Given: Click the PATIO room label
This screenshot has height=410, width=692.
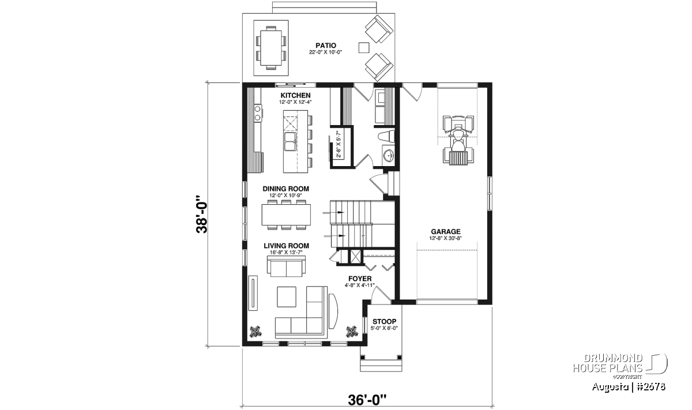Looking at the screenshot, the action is (326, 46).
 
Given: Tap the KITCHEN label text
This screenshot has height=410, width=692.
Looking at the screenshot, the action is (295, 96).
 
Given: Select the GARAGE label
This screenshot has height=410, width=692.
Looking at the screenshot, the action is (445, 231).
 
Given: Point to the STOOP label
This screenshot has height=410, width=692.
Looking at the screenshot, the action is (384, 321).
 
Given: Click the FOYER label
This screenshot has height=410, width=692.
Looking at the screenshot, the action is (360, 279).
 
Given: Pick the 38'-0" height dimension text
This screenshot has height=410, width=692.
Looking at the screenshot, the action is (202, 214).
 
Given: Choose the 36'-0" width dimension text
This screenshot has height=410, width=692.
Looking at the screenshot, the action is (367, 400).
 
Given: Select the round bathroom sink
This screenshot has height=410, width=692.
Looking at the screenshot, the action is (389, 156).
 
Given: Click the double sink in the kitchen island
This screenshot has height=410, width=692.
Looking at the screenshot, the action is (291, 146).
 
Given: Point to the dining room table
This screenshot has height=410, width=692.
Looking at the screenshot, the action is (287, 215).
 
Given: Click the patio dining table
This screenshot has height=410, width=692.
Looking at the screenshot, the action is (271, 47).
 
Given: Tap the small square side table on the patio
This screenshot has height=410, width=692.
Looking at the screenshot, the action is (364, 48).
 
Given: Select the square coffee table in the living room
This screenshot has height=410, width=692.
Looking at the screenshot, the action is (287, 296).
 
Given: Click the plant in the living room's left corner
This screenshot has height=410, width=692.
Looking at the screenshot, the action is (255, 332).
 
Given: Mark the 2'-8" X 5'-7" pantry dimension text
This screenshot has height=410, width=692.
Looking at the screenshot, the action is (338, 144).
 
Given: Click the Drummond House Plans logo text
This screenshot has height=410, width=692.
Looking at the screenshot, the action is (608, 363).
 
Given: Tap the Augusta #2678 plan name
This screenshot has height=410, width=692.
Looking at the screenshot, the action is (629, 387).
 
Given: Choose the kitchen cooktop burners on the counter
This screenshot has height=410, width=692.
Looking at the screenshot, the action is (257, 113).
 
